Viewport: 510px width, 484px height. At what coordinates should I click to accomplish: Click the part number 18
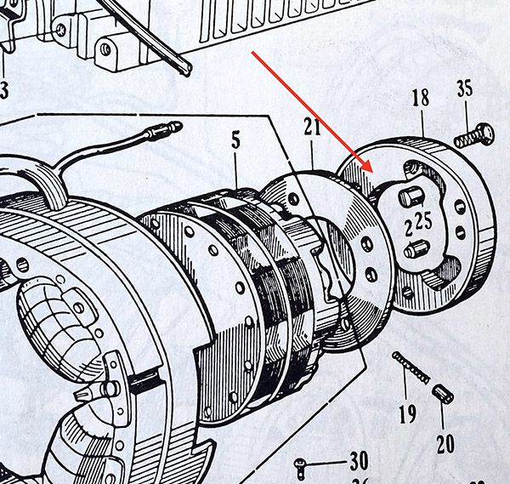[421, 97]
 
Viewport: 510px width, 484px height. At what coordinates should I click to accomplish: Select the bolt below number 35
[473, 134]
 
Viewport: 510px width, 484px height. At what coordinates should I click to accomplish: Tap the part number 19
[407, 414]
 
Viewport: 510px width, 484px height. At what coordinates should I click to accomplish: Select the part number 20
[444, 444]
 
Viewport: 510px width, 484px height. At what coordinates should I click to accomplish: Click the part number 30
[359, 462]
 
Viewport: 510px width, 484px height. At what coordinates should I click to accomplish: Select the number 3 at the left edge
[4, 89]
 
